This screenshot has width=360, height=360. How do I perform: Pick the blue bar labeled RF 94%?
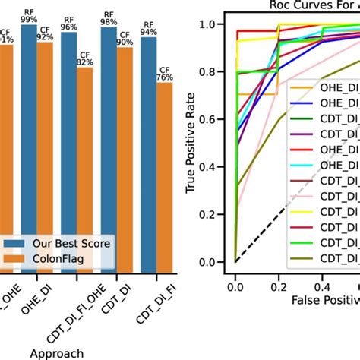[x=149, y=152]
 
